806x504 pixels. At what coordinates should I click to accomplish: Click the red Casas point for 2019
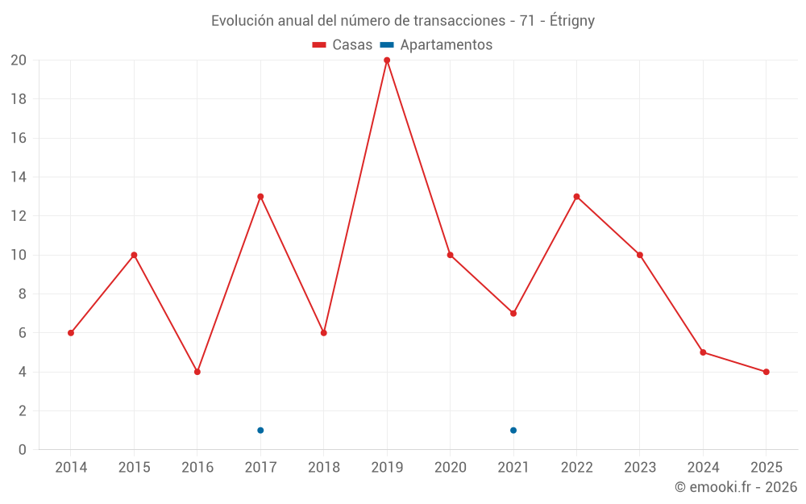tap(387, 60)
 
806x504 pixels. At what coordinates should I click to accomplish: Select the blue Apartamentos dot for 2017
tap(260, 430)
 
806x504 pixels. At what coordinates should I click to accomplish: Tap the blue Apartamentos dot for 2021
tap(513, 430)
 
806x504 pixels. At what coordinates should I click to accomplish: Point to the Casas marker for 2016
tap(197, 372)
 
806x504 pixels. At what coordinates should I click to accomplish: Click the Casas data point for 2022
tap(576, 197)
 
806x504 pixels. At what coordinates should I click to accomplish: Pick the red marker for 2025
tap(766, 372)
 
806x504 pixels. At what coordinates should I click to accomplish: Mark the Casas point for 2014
tap(71, 333)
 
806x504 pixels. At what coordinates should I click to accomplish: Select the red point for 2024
tap(703, 352)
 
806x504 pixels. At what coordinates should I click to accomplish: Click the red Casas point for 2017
tap(260, 197)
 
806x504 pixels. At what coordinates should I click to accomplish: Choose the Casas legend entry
tap(343, 45)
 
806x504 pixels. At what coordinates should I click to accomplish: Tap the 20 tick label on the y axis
tap(19, 60)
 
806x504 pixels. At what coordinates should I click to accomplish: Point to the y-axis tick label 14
tap(19, 177)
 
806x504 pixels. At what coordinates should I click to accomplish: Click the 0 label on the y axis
tap(23, 450)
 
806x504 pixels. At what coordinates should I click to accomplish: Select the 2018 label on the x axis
tap(324, 468)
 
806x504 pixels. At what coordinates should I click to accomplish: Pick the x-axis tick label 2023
tap(640, 468)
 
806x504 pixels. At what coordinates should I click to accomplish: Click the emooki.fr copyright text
tap(736, 487)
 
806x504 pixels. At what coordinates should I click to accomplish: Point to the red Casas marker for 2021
tap(513, 313)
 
